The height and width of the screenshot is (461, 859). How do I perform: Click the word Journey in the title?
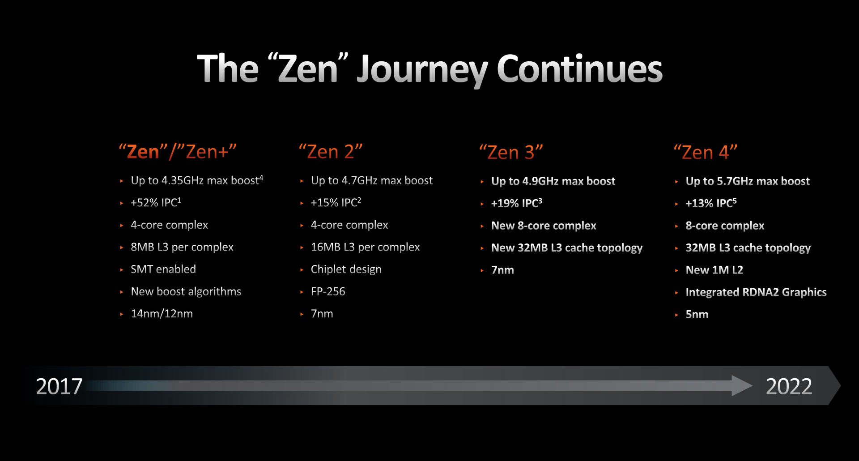(422, 70)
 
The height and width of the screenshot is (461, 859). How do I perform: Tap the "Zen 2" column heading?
(331, 152)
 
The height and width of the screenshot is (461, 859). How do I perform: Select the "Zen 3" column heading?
(511, 152)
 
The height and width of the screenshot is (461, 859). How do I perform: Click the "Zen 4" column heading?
(706, 152)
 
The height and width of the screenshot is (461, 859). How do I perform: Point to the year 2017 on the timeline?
(59, 386)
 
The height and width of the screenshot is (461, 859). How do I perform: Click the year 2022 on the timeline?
(789, 386)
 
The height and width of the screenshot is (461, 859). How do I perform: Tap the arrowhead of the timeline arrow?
(742, 385)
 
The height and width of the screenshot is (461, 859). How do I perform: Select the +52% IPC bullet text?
(156, 203)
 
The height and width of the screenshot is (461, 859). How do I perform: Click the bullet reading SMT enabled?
(163, 269)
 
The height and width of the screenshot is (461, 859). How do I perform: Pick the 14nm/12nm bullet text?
(162, 313)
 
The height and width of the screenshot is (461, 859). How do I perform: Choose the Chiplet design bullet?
(346, 269)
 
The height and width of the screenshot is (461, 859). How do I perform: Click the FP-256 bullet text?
(328, 291)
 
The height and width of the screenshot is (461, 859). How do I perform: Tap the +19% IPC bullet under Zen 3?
(517, 203)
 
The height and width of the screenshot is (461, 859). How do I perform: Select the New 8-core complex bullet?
(544, 226)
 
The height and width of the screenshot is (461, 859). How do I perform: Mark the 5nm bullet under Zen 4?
(697, 315)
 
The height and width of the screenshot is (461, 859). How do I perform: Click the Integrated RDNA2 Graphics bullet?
(756, 292)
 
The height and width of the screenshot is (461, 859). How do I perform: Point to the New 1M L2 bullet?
(714, 270)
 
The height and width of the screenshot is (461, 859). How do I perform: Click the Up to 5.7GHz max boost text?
(748, 181)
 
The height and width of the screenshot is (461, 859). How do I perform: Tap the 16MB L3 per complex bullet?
(365, 247)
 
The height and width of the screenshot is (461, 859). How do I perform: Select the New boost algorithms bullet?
(186, 291)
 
